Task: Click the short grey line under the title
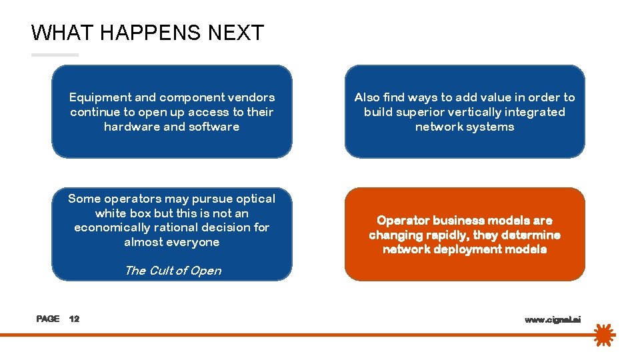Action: tap(55, 55)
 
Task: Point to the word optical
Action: tap(253, 199)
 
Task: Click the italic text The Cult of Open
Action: tap(173, 271)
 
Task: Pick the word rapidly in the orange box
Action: tap(447, 235)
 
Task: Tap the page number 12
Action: tap(74, 319)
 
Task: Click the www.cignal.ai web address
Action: tap(553, 320)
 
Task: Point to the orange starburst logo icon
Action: tap(603, 335)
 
